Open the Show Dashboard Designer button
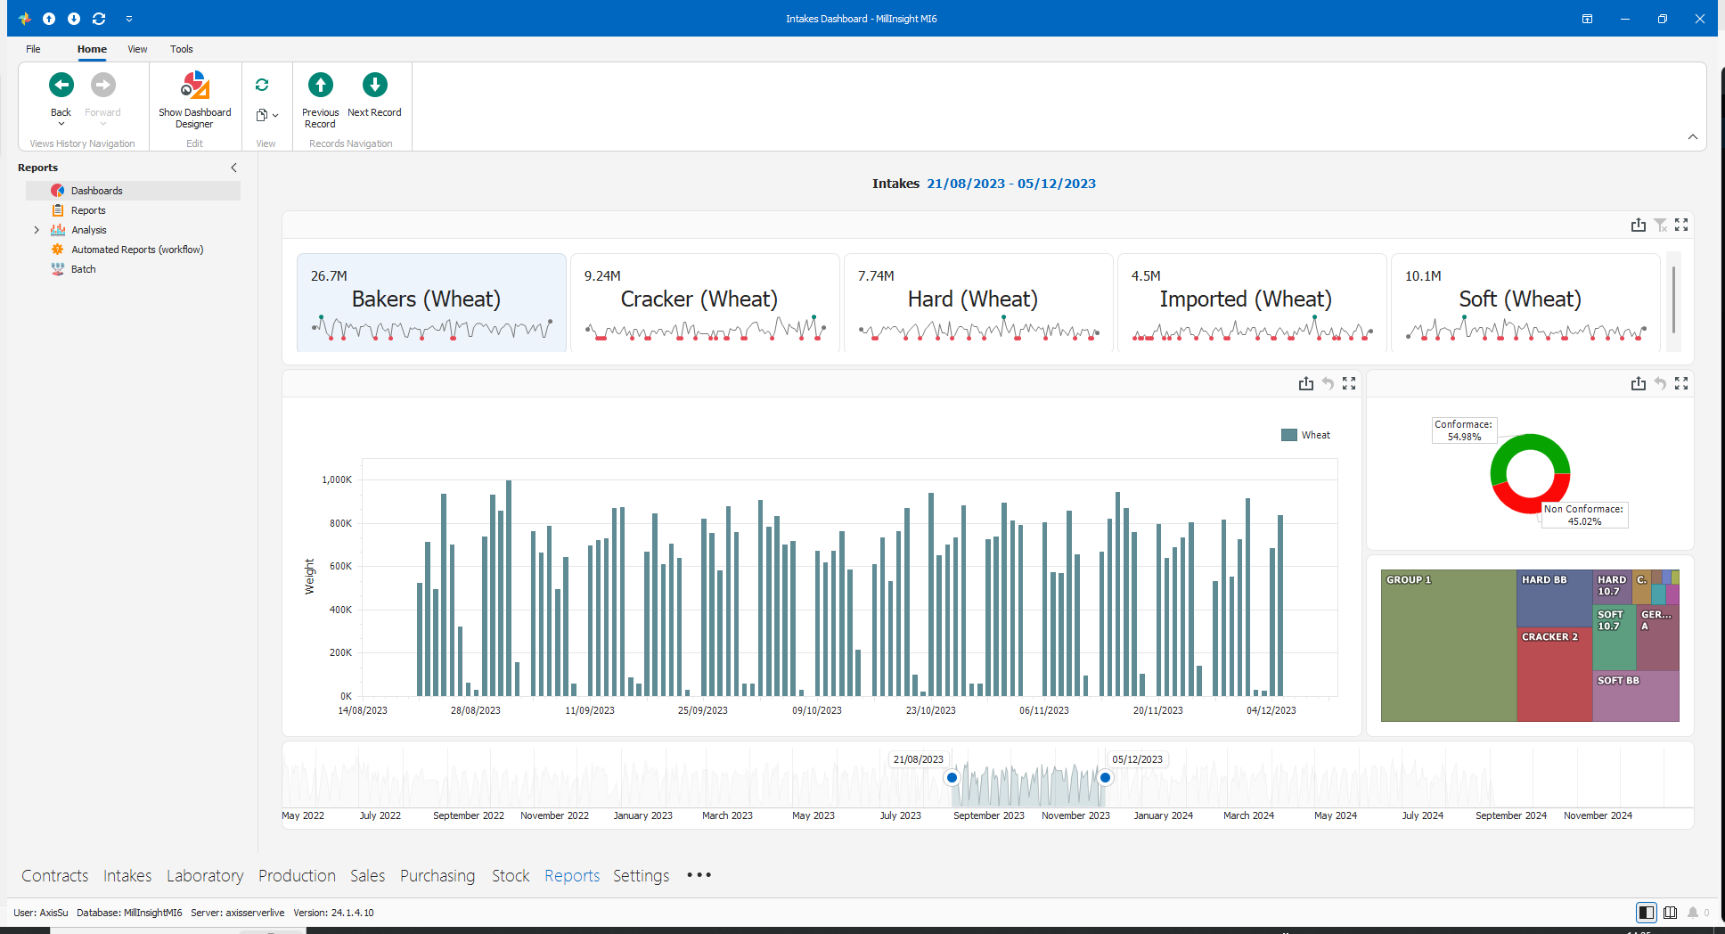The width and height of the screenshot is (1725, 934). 194,99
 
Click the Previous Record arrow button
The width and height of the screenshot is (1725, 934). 321,86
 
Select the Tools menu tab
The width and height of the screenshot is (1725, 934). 182,49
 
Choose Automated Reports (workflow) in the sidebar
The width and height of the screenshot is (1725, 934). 137,250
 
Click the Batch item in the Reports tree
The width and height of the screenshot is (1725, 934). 83,269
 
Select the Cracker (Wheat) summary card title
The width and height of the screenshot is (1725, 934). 699,299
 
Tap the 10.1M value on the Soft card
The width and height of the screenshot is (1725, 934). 1423,276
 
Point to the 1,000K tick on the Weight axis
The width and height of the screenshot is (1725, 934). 337,479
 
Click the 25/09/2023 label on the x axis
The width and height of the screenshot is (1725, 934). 703,710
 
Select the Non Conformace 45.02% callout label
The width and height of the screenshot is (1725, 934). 1584,515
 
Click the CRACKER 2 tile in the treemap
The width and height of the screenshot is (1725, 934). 1555,674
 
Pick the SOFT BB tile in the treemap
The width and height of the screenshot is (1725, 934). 1636,696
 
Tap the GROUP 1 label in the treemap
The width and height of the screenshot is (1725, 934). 1409,580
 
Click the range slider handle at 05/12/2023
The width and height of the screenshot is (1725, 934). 1105,778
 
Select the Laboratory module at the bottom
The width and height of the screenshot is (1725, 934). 205,876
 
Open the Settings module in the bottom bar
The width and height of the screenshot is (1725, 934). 641,876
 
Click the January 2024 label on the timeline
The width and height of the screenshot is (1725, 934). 1163,815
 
